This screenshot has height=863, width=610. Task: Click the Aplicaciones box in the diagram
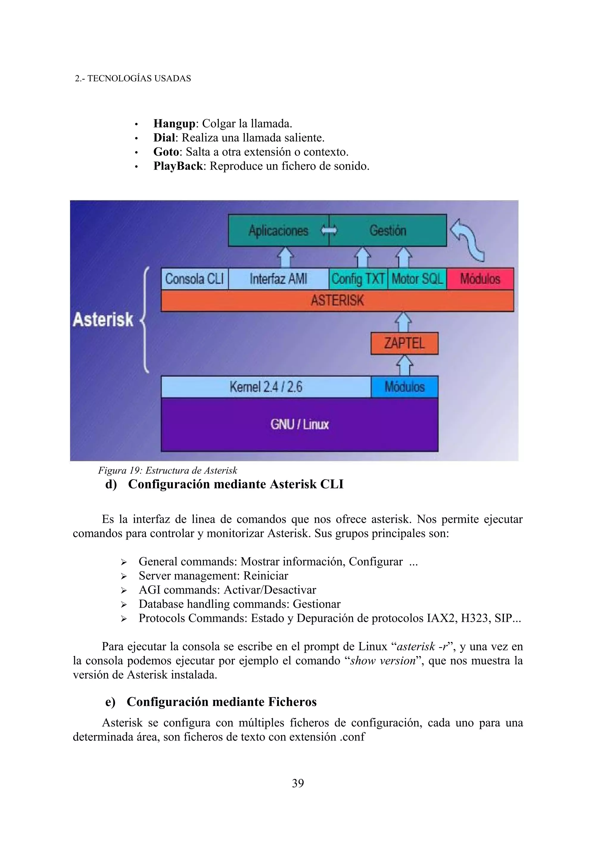pos(278,230)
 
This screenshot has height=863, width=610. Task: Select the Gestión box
pos(388,230)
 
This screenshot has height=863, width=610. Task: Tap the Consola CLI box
pos(194,279)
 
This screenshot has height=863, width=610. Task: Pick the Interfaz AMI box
pos(278,279)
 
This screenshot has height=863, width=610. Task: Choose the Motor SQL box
pos(417,279)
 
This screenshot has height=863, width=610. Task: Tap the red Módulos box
pos(480,279)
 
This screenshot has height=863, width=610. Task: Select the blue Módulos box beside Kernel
pos(404,387)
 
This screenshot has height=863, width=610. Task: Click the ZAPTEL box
pos(404,343)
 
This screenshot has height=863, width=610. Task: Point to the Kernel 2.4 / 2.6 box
pos(266,387)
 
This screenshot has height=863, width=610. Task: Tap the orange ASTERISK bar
pos(337,300)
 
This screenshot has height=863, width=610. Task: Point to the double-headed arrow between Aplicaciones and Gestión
pos(329,230)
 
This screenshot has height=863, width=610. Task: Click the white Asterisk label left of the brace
pos(103,320)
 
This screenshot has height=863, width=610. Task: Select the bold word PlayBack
pos(178,166)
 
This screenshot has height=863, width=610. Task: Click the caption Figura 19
pos(167,471)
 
